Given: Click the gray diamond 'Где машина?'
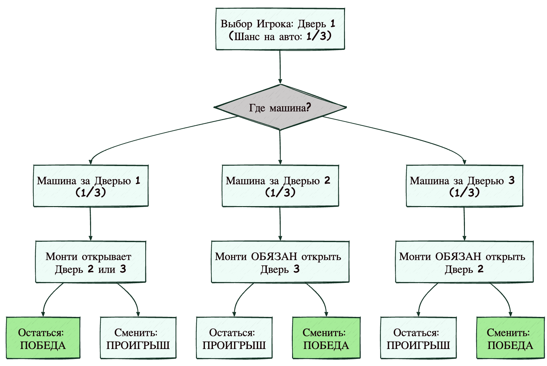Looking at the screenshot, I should point(280,107).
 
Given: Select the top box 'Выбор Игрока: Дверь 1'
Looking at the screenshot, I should point(280,29).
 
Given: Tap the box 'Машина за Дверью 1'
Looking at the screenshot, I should point(91,186).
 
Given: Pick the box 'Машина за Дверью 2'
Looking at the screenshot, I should point(280,186).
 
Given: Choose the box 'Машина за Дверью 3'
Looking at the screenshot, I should point(464,186).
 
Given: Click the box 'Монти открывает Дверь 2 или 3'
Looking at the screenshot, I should point(90,262).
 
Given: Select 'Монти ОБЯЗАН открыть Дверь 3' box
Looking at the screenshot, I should point(280,262).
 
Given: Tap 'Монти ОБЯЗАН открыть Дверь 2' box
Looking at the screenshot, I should point(464,262).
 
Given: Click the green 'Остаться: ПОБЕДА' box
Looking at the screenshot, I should point(43,338).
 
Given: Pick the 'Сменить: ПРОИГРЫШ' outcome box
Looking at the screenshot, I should point(138,338).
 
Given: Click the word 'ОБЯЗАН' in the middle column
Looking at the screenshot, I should point(274,257).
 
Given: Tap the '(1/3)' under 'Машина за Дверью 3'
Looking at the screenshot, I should point(464,193).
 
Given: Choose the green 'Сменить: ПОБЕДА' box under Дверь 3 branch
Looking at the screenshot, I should point(510,338).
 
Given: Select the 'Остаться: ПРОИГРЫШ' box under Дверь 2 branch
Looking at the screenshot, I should point(234,338).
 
